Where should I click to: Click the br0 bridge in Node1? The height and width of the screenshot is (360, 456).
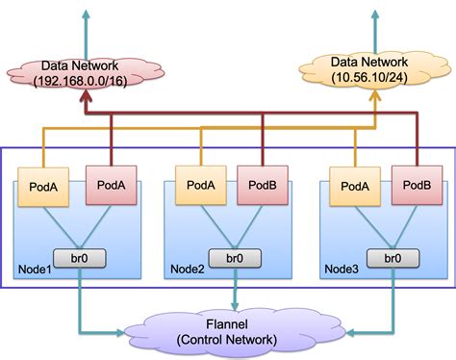(80, 259)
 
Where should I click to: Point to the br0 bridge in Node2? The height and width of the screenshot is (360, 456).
(236, 259)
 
